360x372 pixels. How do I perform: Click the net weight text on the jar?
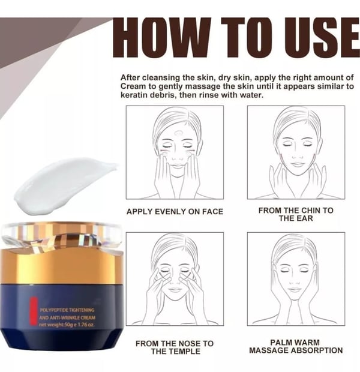pyautogui.click(x=67, y=325)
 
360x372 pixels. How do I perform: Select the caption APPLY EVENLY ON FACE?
pyautogui.click(x=175, y=212)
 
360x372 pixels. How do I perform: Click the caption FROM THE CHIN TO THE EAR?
pyautogui.click(x=296, y=214)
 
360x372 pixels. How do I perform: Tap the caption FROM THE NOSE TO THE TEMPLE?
pyautogui.click(x=175, y=347)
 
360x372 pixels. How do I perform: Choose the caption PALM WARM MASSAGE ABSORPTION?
pyautogui.click(x=296, y=347)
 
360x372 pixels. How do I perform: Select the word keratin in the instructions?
pyautogui.click(x=135, y=96)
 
